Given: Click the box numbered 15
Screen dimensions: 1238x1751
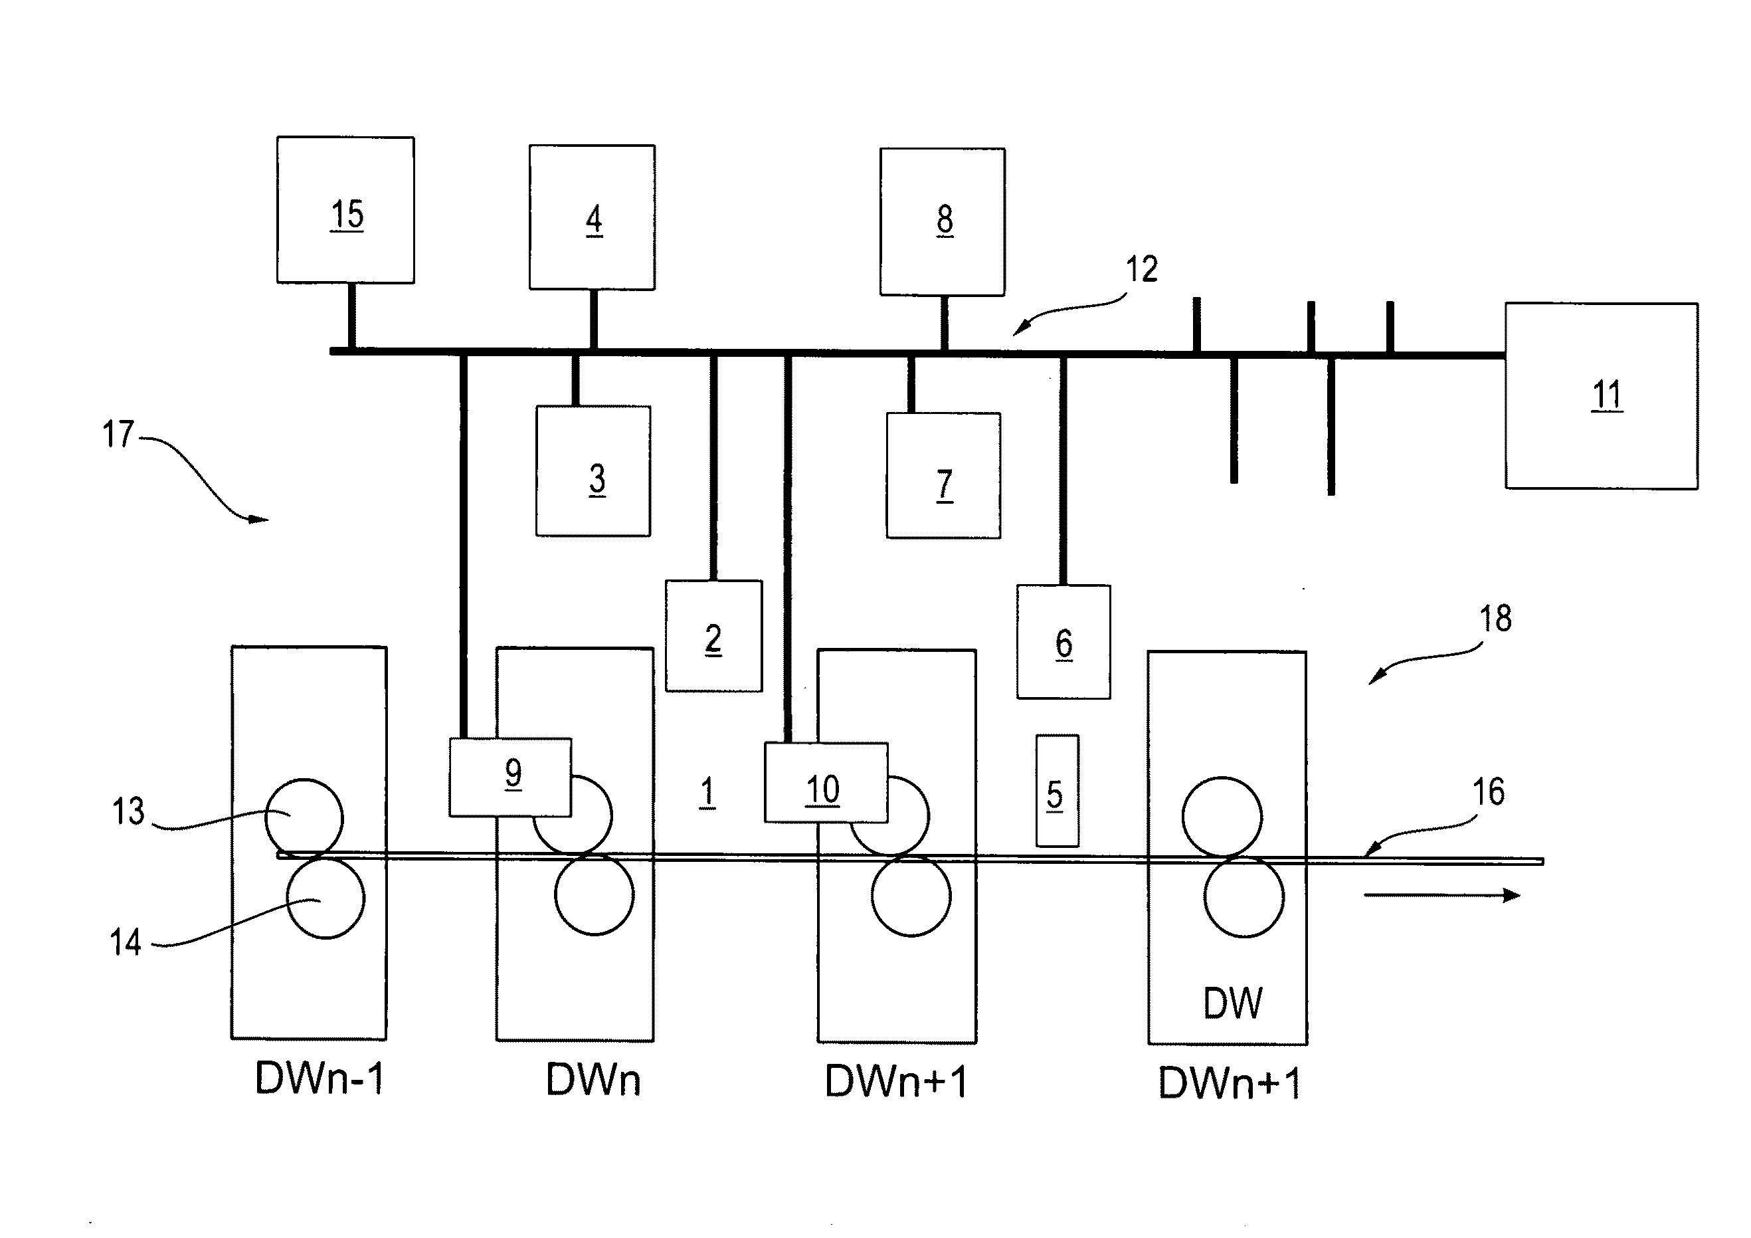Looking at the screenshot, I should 345,211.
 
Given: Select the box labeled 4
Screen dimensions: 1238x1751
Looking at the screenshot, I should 593,217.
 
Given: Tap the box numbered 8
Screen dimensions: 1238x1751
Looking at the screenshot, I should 943,221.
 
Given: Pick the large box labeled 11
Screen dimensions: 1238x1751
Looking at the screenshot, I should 1602,396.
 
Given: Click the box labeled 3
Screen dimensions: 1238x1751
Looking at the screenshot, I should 593,471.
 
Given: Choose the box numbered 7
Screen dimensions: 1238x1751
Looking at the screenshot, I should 943,476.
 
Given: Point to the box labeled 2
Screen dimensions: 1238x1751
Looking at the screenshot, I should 714,636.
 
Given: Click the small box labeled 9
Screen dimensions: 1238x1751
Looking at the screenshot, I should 510,777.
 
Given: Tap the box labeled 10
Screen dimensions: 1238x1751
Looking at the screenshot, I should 826,783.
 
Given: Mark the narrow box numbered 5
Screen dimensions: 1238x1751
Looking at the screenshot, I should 1057,791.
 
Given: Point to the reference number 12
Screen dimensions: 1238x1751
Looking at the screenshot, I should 1142,269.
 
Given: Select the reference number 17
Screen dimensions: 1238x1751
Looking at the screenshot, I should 118,434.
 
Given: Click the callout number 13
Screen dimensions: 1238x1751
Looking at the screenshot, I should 128,811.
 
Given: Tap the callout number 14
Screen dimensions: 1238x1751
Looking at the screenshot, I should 126,942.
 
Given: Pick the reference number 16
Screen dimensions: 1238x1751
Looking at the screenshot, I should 1488,791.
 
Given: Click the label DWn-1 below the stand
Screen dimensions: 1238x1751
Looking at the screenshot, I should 320,1079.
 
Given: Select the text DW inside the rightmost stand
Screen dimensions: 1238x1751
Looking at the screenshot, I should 1232,1003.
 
